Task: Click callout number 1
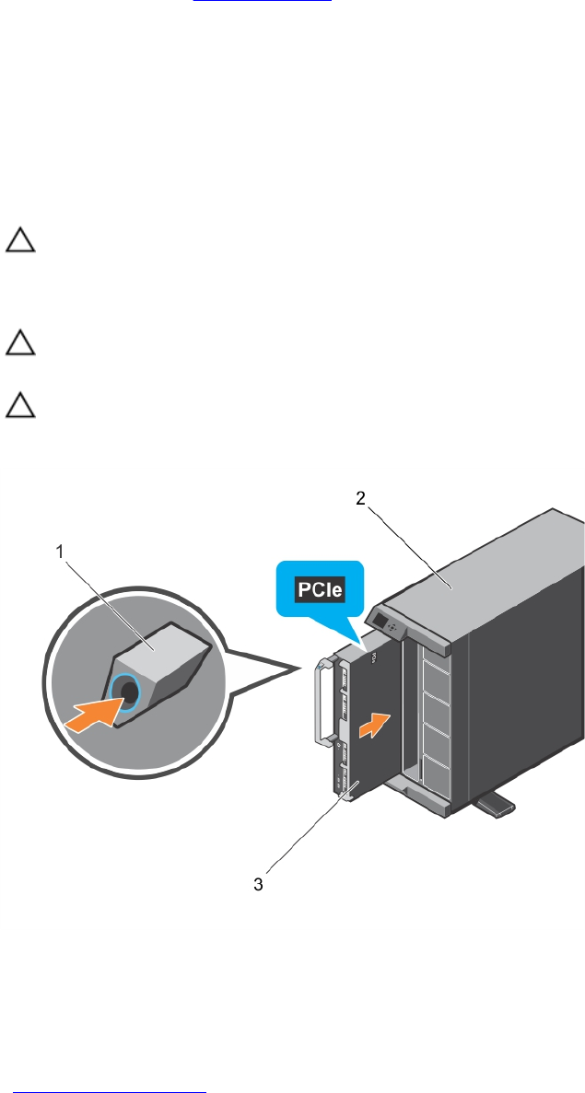coord(61,552)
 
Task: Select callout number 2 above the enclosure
coord(362,498)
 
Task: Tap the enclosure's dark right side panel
coord(525,700)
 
